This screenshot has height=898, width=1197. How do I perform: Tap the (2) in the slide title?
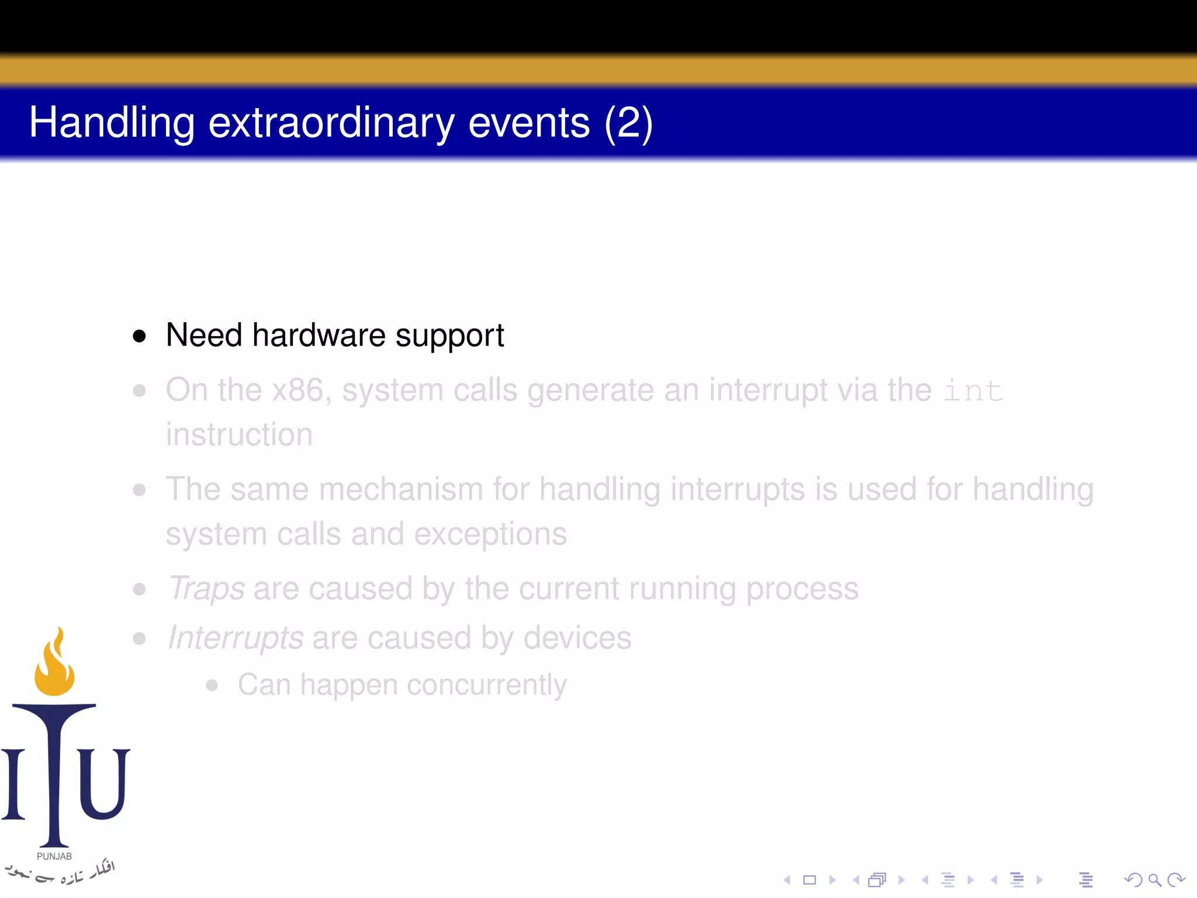point(628,123)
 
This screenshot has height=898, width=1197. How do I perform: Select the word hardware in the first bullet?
point(319,336)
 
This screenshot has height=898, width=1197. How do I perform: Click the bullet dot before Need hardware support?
point(139,336)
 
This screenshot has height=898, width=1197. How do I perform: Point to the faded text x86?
point(298,390)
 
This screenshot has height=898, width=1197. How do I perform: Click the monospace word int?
point(973,391)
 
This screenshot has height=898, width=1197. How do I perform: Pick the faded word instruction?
point(239,434)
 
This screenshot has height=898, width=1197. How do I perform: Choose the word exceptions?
point(490,534)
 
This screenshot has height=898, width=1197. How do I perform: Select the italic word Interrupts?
point(236,638)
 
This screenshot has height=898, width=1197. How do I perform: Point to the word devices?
point(577,638)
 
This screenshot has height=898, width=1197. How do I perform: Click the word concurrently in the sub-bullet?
point(487,685)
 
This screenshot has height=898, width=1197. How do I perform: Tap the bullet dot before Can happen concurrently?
point(212,685)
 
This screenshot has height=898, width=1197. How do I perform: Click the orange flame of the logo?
point(54,666)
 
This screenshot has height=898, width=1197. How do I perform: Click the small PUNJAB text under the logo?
point(54,856)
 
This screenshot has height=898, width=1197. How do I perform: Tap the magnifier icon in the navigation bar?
point(1154,880)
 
